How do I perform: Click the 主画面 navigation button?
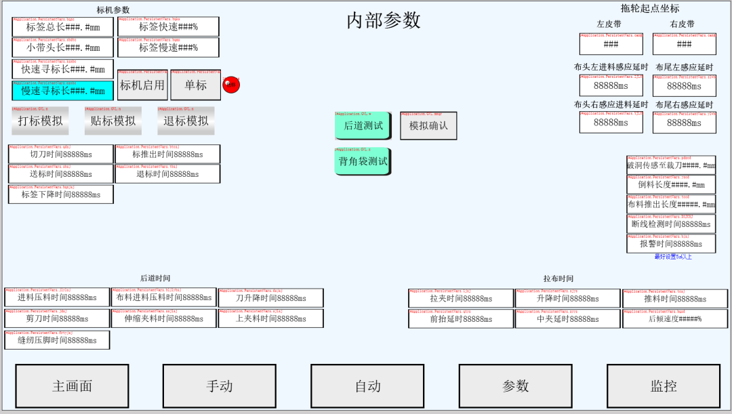[x=72, y=386]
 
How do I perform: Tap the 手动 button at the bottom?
[x=219, y=386]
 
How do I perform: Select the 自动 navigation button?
[x=367, y=386]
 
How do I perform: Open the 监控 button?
[x=664, y=386]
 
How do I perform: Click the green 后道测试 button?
[x=363, y=125]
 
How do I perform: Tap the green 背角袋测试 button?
[x=363, y=161]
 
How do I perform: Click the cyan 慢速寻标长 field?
[x=62, y=91]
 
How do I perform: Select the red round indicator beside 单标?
[x=231, y=85]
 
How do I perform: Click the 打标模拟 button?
[x=40, y=121]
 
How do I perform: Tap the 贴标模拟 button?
[x=113, y=121]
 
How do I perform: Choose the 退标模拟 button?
[x=186, y=121]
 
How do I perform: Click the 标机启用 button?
[x=142, y=85]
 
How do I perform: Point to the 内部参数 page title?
[x=384, y=20]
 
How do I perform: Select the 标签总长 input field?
[x=62, y=27]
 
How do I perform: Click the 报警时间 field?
[x=671, y=244]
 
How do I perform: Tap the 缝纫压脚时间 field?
[x=57, y=340]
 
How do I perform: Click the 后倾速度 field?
[x=675, y=319]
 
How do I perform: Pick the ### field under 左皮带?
[x=611, y=45]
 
